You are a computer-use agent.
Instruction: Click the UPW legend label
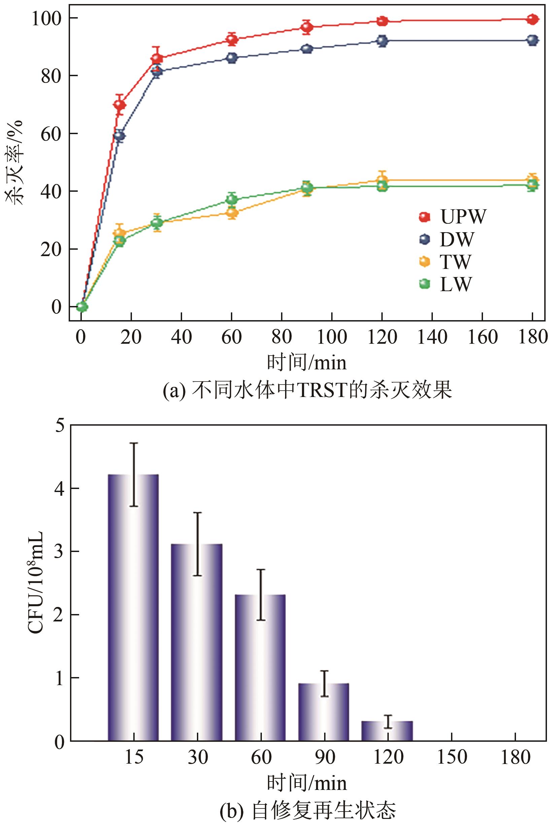pyautogui.click(x=462, y=216)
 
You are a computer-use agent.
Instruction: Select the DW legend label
pyautogui.click(x=457, y=239)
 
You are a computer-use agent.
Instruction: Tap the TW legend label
pyautogui.click(x=455, y=262)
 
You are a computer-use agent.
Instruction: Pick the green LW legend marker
pyautogui.click(x=425, y=284)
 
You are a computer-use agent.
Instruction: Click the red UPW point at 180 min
pyautogui.click(x=532, y=20)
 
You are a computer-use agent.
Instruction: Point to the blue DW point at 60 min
pyautogui.click(x=232, y=58)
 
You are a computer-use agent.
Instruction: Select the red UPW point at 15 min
pyautogui.click(x=119, y=105)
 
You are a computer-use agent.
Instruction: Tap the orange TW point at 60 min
pyautogui.click(x=232, y=213)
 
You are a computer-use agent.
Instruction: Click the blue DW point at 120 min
pyautogui.click(x=382, y=41)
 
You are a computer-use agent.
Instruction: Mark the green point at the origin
pyautogui.click(x=82, y=307)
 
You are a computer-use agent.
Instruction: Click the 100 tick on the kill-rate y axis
pyautogui.click(x=48, y=18)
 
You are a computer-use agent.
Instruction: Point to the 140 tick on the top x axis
pyautogui.click(x=432, y=337)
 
